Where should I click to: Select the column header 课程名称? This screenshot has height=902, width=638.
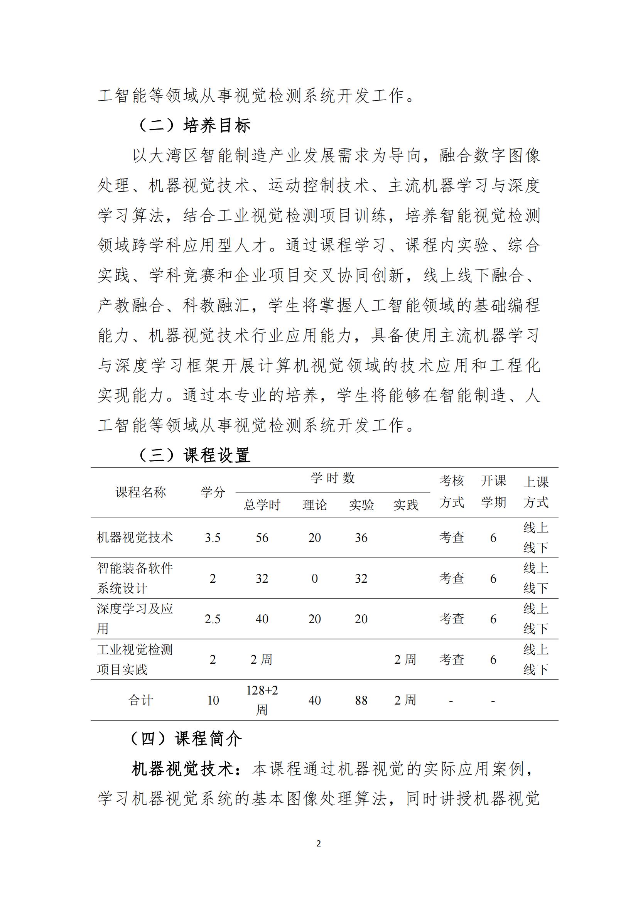141,492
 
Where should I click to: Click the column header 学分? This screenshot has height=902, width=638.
213,492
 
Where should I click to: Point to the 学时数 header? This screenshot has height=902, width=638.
333,478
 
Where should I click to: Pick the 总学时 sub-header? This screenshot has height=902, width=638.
262,505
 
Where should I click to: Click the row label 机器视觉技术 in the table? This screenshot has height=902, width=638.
135,538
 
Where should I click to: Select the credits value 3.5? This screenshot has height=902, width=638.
213,538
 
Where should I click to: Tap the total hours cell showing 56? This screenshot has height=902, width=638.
262,538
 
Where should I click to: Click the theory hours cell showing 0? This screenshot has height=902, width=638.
314,579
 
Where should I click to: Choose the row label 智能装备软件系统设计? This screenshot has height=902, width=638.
135,578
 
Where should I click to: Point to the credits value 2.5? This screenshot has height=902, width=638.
213,619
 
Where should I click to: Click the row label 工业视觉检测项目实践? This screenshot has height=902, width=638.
135,659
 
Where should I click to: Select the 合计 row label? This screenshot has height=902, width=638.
141,700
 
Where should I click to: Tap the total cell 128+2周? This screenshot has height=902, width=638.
262,700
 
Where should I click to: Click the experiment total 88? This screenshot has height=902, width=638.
361,700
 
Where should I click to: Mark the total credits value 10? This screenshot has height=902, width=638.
213,700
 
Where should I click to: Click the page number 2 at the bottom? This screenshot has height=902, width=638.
319,843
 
